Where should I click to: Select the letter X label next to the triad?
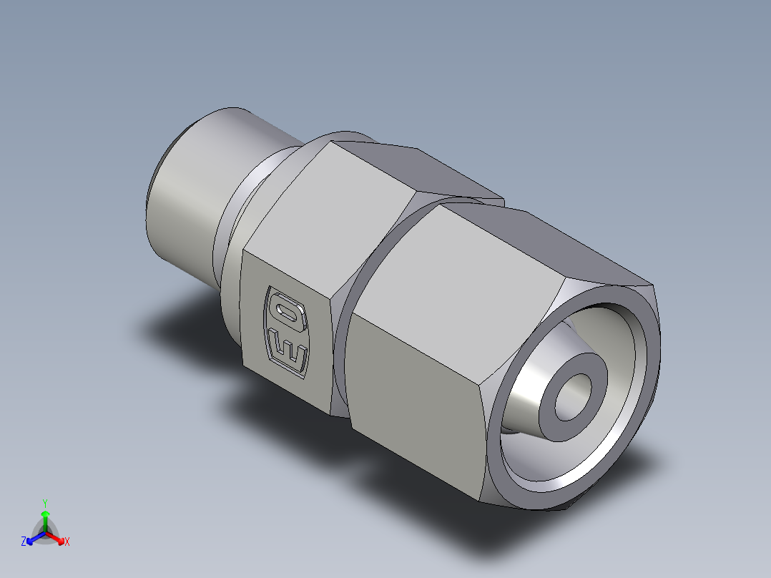pyautogui.click(x=67, y=542)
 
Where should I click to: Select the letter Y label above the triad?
pyautogui.click(x=45, y=502)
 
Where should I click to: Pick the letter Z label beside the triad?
pyautogui.click(x=24, y=542)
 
